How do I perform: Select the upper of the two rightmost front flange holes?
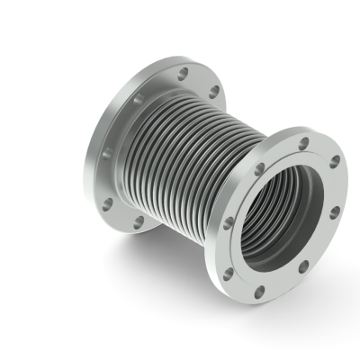pos(335,161)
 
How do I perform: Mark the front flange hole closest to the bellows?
pos(259,168)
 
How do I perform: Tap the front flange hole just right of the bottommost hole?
pos(304,265)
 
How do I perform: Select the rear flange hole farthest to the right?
pos(214,92)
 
